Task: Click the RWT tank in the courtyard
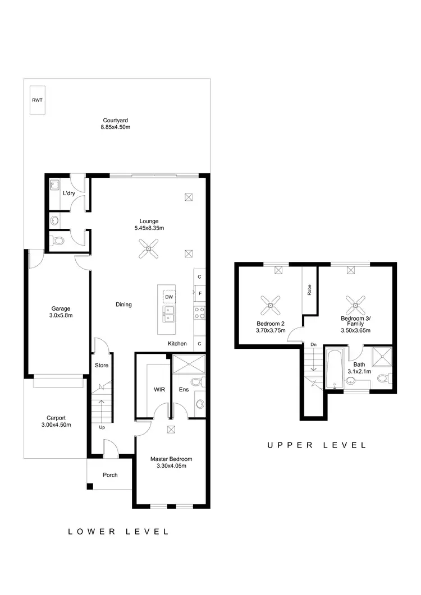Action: click(x=37, y=100)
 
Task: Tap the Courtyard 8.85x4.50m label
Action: click(x=116, y=124)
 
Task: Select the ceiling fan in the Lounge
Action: click(x=149, y=249)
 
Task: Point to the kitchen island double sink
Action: click(x=168, y=314)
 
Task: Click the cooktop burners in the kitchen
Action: click(x=200, y=312)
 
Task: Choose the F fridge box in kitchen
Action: click(x=200, y=293)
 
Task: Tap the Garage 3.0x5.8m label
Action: click(x=61, y=312)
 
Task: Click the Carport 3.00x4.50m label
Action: click(x=56, y=421)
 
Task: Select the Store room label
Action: click(x=102, y=365)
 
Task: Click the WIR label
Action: click(x=158, y=389)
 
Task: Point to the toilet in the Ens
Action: click(x=196, y=382)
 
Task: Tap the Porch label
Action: click(x=110, y=475)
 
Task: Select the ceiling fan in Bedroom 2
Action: click(x=270, y=306)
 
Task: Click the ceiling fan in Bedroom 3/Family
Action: click(x=355, y=306)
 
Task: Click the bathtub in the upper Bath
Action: click(x=334, y=370)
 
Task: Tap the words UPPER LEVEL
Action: click(x=317, y=445)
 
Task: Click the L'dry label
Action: click(x=68, y=193)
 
